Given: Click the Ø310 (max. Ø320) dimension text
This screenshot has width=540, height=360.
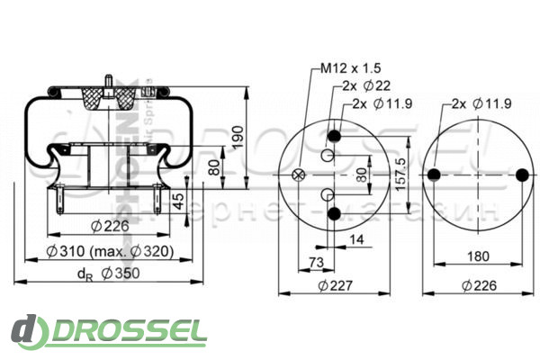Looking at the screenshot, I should point(111,251).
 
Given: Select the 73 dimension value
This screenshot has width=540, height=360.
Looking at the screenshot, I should point(316,261).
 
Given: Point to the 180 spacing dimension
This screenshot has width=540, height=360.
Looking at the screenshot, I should point(480,256).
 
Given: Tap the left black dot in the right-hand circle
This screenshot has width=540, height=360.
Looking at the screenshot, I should point(435,175).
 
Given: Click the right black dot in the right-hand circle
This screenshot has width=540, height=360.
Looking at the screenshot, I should point(524,175).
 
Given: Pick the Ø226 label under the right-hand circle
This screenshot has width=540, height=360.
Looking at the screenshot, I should point(479,286).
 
